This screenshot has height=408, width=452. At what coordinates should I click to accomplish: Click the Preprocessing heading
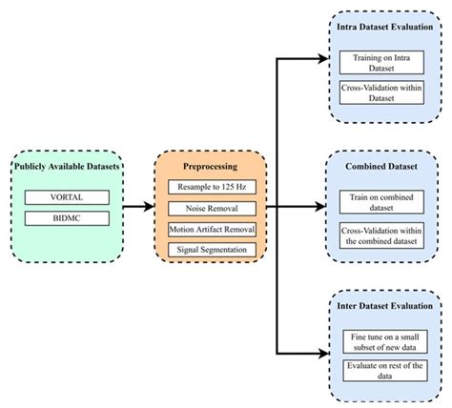pos(210,163)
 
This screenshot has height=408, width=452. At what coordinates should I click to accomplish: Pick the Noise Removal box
pos(210,206)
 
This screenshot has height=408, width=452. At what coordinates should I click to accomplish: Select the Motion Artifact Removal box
pos(210,228)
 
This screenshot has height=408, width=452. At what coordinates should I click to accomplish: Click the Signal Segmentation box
pos(210,249)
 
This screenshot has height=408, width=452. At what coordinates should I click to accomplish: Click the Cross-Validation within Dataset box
pos(383,92)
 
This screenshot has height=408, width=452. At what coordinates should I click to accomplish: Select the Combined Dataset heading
pos(383,166)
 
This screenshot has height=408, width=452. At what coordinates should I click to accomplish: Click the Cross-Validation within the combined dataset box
pos(383,235)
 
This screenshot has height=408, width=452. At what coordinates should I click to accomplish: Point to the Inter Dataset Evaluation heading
pos(383,306)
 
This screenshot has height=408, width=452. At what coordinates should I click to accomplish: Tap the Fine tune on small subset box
pos(383,340)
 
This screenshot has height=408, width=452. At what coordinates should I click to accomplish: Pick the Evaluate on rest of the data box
pos(383,372)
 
